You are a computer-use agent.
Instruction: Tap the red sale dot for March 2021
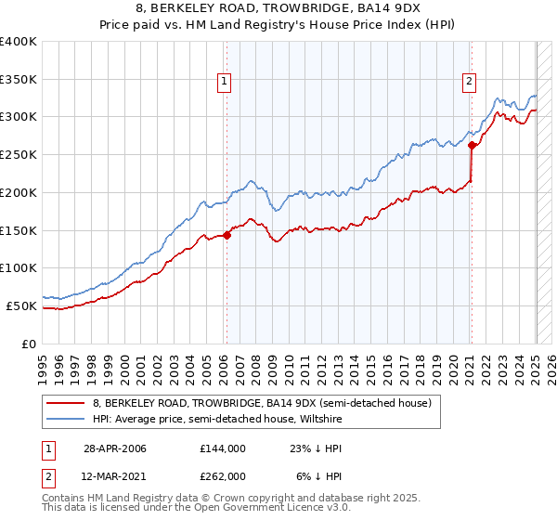click(x=472, y=145)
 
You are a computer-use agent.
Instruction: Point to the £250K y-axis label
click(x=19, y=155)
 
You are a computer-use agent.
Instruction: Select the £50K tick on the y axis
click(x=22, y=305)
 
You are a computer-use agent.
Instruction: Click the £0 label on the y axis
click(x=29, y=344)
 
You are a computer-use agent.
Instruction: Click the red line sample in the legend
click(x=65, y=404)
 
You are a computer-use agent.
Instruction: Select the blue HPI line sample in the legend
click(x=65, y=419)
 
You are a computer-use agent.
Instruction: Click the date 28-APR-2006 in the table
click(x=115, y=448)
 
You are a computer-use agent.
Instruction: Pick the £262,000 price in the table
click(x=222, y=476)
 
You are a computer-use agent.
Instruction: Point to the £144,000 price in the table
click(x=222, y=448)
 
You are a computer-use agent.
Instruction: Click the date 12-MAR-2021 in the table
click(x=115, y=476)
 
